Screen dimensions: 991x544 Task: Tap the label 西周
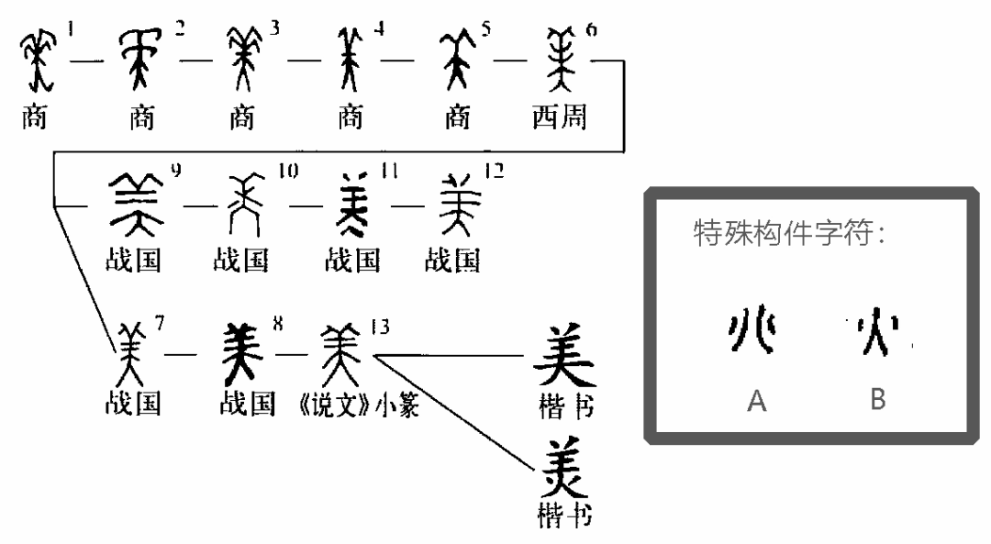560,117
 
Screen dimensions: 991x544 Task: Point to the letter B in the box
877,400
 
